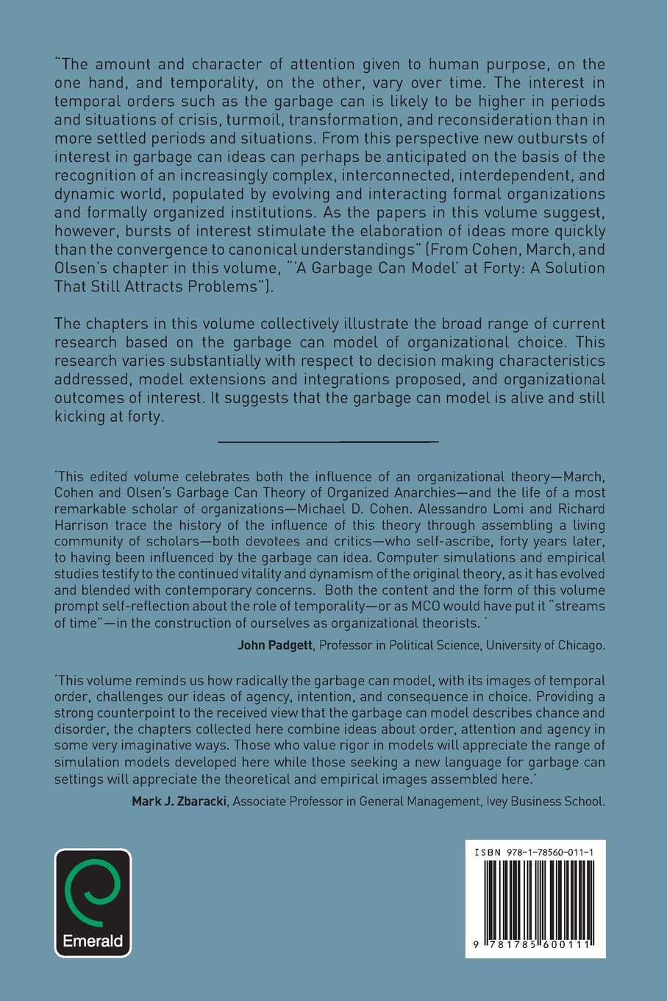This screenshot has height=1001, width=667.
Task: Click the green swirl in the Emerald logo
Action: [x=93, y=893]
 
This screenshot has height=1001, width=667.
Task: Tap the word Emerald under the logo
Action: [x=93, y=941]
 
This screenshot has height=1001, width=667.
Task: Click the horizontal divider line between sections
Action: [x=328, y=441]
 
